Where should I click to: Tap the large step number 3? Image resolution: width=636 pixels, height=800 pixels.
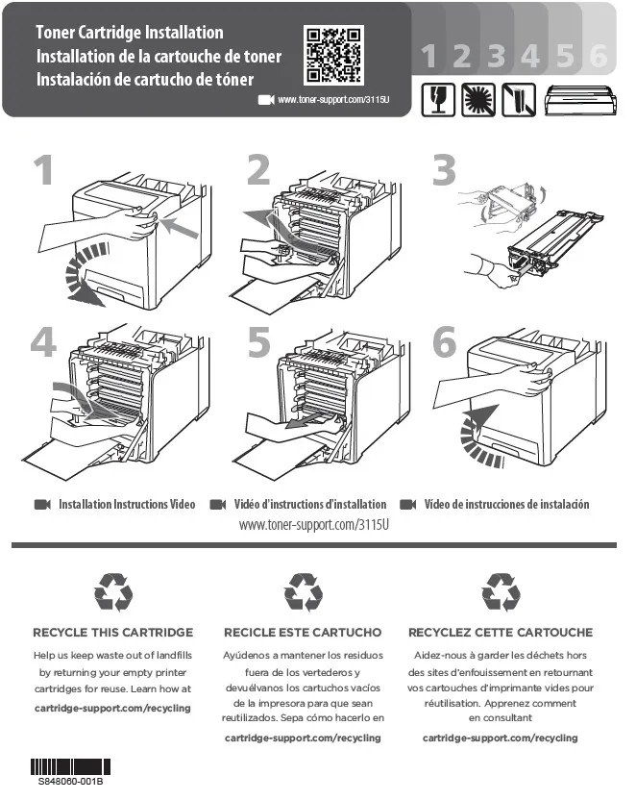(444, 172)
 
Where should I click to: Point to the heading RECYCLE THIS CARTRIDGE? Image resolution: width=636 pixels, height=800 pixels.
(113, 633)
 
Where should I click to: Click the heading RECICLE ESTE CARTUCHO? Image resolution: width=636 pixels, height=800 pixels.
(303, 633)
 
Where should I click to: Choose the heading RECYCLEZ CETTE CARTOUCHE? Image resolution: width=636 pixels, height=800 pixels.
(501, 633)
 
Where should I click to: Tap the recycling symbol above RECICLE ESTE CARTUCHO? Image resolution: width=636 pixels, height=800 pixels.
(304, 591)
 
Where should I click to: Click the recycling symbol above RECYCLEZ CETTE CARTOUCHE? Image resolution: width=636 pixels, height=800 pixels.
(501, 591)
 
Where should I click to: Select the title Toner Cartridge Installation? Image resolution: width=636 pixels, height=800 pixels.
(129, 34)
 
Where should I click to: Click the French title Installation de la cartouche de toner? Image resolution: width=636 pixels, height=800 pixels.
(159, 57)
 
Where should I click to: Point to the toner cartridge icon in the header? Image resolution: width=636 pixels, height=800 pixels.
(580, 98)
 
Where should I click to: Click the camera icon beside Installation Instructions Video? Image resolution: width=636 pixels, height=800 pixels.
(42, 505)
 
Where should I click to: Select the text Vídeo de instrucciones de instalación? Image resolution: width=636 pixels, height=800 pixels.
(506, 505)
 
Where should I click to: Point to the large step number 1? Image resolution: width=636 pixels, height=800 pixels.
(43, 172)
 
